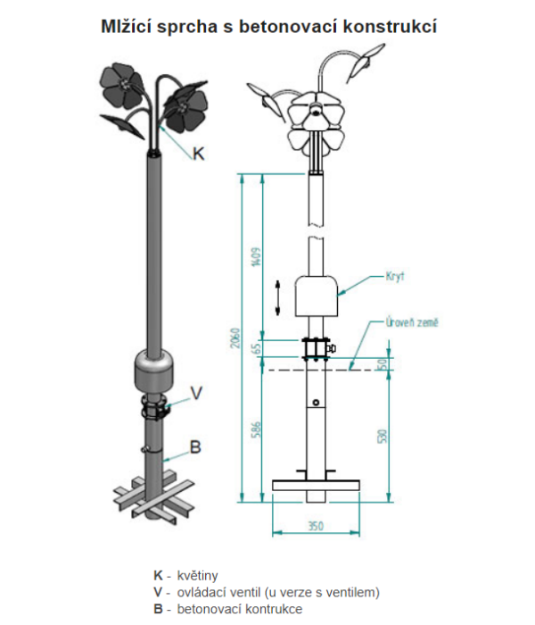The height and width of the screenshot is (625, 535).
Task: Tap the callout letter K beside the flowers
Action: (200, 154)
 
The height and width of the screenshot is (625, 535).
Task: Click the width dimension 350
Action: (315, 526)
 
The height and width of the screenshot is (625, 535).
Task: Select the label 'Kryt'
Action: (395, 277)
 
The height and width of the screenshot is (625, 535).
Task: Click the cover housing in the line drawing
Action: (317, 295)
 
